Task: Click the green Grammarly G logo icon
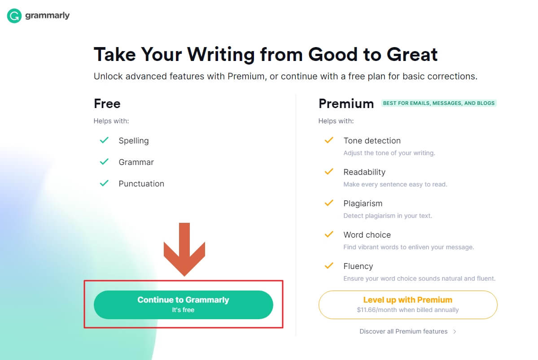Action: pyautogui.click(x=14, y=16)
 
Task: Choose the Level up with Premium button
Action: pyautogui.click(x=407, y=305)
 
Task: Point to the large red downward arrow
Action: pyautogui.click(x=184, y=249)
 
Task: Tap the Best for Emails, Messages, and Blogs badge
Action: pyautogui.click(x=438, y=103)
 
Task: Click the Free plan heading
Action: pyautogui.click(x=107, y=104)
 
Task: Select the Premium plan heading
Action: pyautogui.click(x=346, y=104)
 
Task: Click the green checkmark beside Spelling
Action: pyautogui.click(x=104, y=140)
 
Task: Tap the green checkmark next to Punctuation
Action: pyautogui.click(x=104, y=183)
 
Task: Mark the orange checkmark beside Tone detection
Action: pyautogui.click(x=329, y=140)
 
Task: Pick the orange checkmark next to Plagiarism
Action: pyautogui.click(x=329, y=203)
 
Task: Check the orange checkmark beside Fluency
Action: pyautogui.click(x=329, y=265)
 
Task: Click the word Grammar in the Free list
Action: pyautogui.click(x=136, y=162)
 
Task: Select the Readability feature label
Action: pyautogui.click(x=364, y=172)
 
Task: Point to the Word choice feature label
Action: pyautogui.click(x=367, y=235)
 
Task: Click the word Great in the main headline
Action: pyautogui.click(x=412, y=54)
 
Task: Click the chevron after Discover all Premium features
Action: pyautogui.click(x=455, y=332)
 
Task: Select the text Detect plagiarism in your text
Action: pyautogui.click(x=388, y=216)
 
